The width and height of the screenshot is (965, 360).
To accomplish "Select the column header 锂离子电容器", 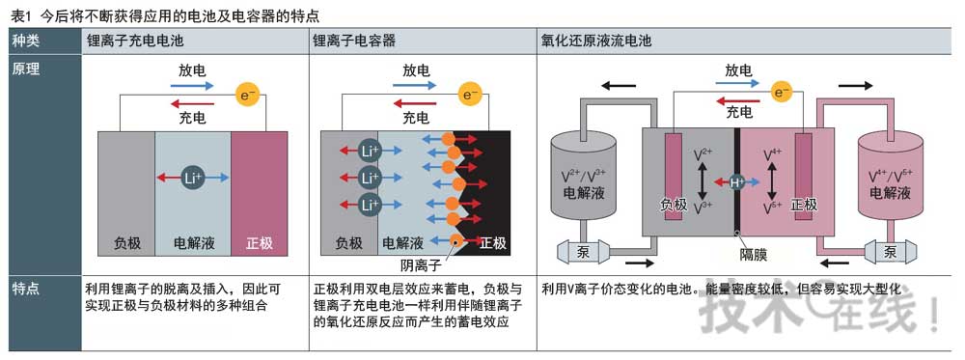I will coord(353,42).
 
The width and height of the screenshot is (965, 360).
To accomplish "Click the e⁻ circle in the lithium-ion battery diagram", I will coord(248,95).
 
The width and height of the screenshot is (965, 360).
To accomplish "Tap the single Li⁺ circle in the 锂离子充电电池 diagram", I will coord(193,178).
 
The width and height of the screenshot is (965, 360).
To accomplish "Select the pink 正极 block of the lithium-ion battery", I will coord(259,193).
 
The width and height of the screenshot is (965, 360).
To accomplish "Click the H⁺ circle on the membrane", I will coord(737,182).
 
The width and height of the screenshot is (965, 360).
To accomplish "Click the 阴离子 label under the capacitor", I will coord(420,264).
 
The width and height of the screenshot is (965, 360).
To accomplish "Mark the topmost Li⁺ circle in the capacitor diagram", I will coord(368,151).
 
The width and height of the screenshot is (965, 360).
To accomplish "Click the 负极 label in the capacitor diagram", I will coord(349,243).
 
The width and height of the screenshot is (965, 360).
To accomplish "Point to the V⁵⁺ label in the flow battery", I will coord(772,208).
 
